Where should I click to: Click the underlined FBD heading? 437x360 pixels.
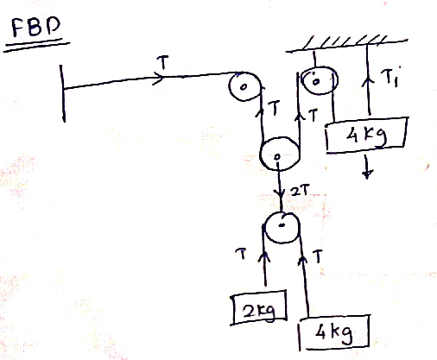click(36, 27)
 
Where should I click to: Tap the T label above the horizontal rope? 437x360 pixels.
click(162, 62)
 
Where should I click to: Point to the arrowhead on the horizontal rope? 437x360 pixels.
click(159, 78)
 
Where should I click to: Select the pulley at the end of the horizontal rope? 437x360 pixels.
click(245, 86)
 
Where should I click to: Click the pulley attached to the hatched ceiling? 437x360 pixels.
click(320, 81)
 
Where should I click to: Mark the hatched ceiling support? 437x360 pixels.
click(346, 44)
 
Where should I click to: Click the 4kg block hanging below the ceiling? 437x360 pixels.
click(367, 134)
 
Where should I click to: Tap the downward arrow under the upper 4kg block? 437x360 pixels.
click(367, 167)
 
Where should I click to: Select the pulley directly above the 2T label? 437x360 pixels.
click(279, 154)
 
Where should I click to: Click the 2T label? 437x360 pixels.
click(300, 191)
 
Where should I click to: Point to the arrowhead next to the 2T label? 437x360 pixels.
click(280, 193)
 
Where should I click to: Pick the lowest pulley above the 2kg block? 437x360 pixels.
click(282, 228)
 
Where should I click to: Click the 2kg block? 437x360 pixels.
click(259, 307)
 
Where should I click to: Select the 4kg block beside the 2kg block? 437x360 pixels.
click(334, 332)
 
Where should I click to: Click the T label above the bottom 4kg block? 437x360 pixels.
click(318, 256)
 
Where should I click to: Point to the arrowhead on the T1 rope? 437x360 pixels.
click(367, 80)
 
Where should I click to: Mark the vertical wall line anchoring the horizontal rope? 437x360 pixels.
click(62, 93)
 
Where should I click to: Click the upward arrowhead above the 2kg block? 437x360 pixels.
click(264, 256)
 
